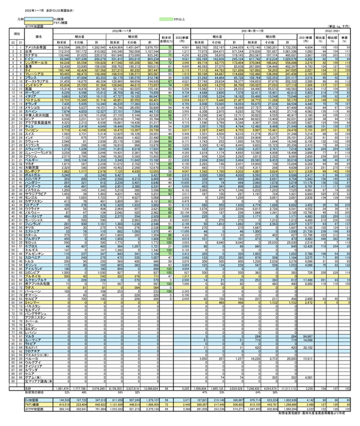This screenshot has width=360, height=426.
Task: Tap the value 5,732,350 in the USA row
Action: click(x=299, y=47)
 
